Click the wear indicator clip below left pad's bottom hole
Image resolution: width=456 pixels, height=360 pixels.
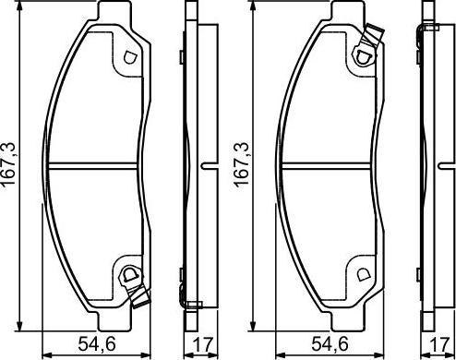(140, 297)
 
